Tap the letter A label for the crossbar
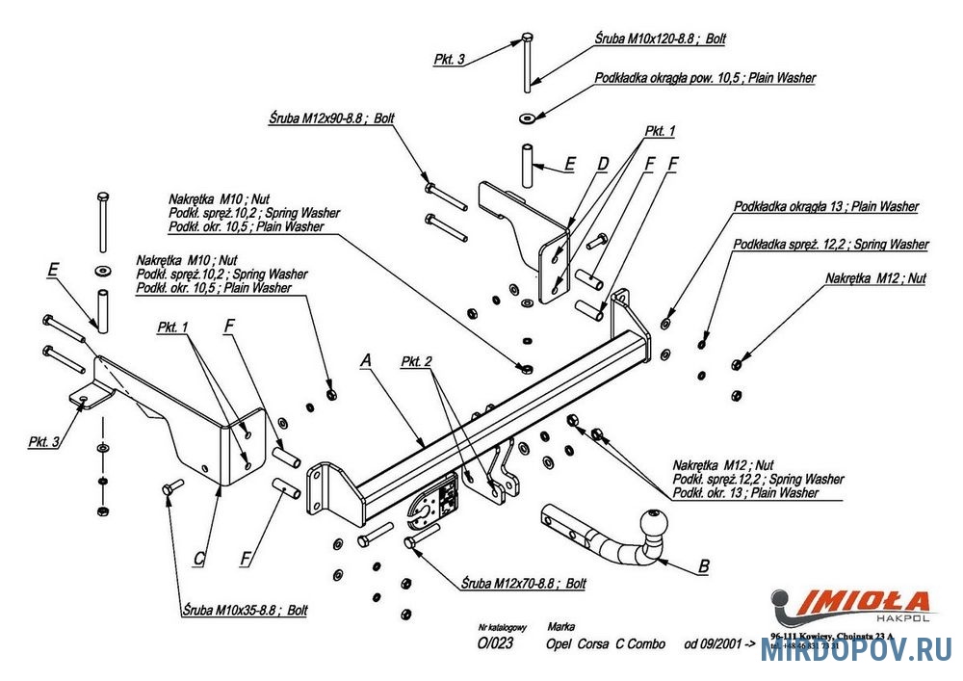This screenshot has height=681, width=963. tap(365, 360)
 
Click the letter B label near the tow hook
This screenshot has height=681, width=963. tap(704, 566)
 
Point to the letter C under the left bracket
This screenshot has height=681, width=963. tap(199, 557)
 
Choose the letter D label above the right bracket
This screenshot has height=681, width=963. tap(602, 165)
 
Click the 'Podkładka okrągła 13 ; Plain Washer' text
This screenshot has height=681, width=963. tap(825, 206)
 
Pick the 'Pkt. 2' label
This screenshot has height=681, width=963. tap(416, 361)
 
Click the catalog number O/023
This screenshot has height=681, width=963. tap(495, 644)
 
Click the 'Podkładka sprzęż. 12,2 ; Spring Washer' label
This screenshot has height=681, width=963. tap(830, 245)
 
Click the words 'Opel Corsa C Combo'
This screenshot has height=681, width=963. tap(605, 643)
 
